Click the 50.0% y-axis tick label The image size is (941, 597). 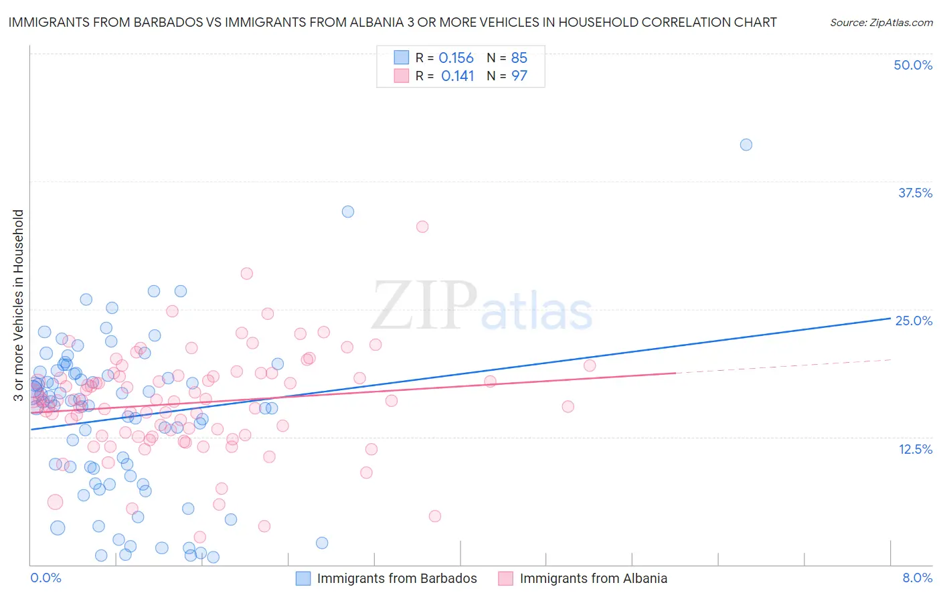click(x=913, y=65)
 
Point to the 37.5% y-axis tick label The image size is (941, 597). click(x=915, y=193)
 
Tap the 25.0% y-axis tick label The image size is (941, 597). click(x=914, y=321)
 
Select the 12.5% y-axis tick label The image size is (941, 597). click(x=915, y=449)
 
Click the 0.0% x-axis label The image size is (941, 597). click(x=46, y=578)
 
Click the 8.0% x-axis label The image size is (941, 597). click(x=917, y=578)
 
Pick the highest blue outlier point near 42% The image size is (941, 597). click(x=746, y=145)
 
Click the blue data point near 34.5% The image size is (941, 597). click(x=348, y=211)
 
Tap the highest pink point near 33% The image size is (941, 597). click(x=422, y=227)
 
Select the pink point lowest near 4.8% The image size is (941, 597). click(x=435, y=516)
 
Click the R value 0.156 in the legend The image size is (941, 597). click(x=456, y=58)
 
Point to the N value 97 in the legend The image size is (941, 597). click(x=519, y=76)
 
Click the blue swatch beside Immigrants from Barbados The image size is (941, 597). click(x=303, y=578)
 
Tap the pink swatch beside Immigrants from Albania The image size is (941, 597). click(x=506, y=578)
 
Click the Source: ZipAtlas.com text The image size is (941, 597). click(x=881, y=23)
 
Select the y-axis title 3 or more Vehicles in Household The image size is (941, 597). click(x=19, y=305)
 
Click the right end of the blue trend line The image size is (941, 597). click(x=889, y=319)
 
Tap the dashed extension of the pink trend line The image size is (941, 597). click(x=783, y=366)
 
